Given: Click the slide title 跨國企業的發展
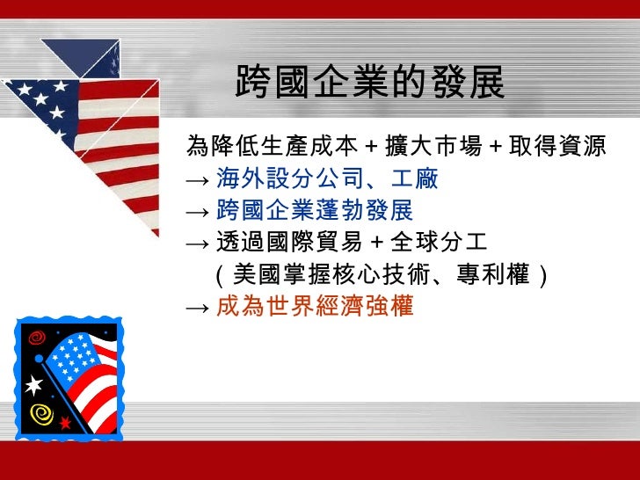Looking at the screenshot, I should pyautogui.click(x=370, y=84).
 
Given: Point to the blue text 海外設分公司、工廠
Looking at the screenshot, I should pyautogui.click(x=327, y=180).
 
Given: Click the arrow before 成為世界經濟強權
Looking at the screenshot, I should pyautogui.click(x=197, y=308).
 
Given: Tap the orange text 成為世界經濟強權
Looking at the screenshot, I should pyautogui.click(x=314, y=307).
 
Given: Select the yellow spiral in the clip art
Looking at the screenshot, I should pyautogui.click(x=39, y=412).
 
